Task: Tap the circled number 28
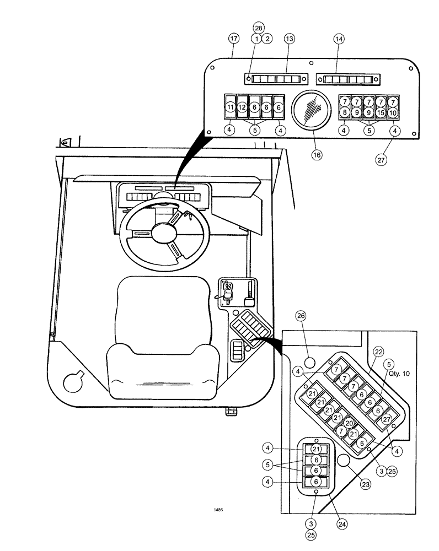[x=259, y=28]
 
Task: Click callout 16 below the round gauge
[x=317, y=155]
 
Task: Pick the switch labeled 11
[x=231, y=107]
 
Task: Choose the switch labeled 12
[x=242, y=107]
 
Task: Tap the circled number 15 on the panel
[x=381, y=112]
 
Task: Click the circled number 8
[x=344, y=112]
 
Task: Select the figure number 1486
[x=219, y=510]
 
